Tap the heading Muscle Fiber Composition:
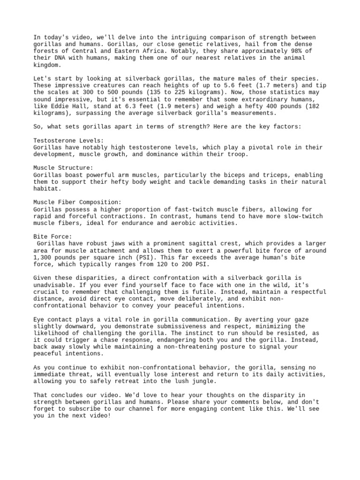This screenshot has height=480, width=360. click(77, 202)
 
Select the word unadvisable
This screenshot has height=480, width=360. click(53, 285)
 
